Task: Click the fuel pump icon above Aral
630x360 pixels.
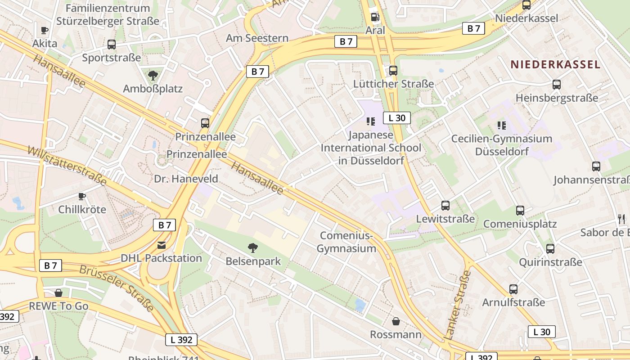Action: [x=374, y=17]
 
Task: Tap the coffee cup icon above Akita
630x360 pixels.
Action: [x=45, y=31]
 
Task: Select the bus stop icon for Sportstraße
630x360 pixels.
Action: [x=111, y=45]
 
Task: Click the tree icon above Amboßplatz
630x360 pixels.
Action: [x=153, y=75]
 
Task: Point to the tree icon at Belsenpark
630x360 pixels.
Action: [x=253, y=247]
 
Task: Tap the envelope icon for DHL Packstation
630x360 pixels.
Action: [x=161, y=245]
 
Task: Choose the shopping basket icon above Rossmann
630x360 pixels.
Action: [x=396, y=321]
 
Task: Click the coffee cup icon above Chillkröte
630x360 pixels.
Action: [x=82, y=196]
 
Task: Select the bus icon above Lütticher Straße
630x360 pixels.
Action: [x=393, y=71]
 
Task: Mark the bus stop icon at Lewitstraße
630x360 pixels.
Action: [x=445, y=206]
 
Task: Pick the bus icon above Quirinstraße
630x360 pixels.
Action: [x=550, y=249]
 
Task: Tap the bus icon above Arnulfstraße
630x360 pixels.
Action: [x=513, y=289]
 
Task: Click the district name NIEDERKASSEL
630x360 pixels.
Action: [x=555, y=64]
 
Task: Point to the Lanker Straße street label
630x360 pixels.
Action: [x=458, y=305]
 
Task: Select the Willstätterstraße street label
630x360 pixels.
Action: [x=67, y=165]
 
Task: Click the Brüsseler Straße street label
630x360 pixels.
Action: [x=117, y=288]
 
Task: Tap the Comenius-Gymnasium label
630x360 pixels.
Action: [x=346, y=242]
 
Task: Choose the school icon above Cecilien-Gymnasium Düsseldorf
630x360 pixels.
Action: [x=501, y=125]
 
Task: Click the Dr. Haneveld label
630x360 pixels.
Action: [x=186, y=179]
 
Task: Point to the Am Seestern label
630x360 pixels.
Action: [x=257, y=38]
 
